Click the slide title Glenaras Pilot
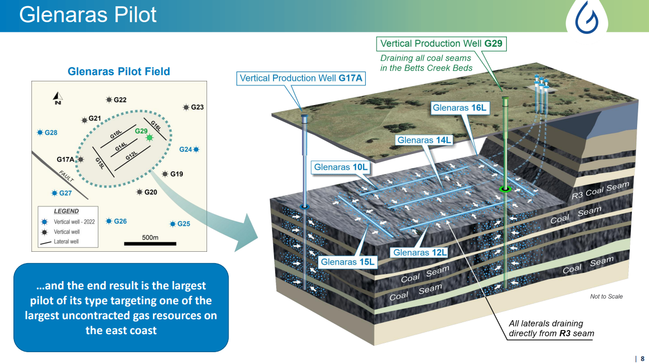(88, 15)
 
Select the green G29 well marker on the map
(149, 137)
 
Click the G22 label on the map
(119, 100)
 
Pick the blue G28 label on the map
(50, 133)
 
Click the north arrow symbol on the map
(58, 97)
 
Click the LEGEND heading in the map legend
(66, 211)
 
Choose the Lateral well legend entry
(66, 241)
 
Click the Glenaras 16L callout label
(459, 108)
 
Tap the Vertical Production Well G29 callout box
(441, 44)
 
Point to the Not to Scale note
(606, 297)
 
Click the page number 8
(642, 358)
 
